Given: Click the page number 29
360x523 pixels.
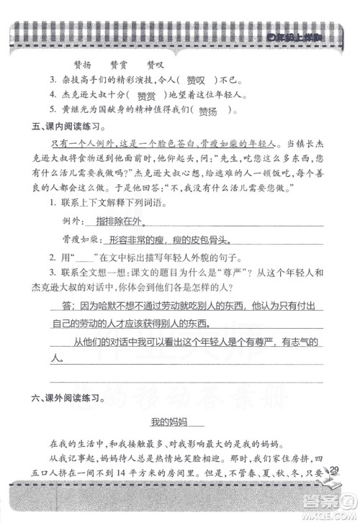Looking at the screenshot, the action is pyautogui.click(x=333, y=471).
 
